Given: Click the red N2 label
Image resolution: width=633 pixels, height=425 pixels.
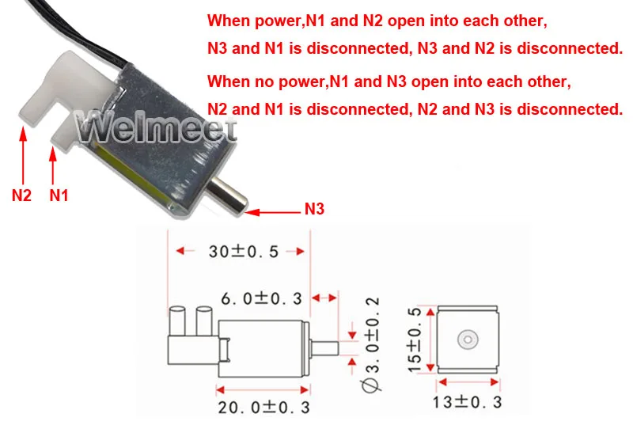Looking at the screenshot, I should (x=21, y=194).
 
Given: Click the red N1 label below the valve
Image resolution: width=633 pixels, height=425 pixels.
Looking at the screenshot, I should (x=59, y=194).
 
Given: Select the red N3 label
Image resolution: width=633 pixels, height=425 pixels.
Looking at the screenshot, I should (x=314, y=210).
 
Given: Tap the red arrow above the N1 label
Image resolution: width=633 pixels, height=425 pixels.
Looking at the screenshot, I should (x=54, y=164).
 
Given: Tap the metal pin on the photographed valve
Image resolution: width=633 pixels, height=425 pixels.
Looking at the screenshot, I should (x=230, y=195).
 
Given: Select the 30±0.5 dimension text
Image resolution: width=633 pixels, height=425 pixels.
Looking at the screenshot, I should (x=243, y=252).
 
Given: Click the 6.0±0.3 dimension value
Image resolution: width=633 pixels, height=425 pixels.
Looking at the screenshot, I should (x=261, y=298).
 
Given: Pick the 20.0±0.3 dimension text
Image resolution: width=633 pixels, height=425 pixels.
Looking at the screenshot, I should (x=264, y=406).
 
